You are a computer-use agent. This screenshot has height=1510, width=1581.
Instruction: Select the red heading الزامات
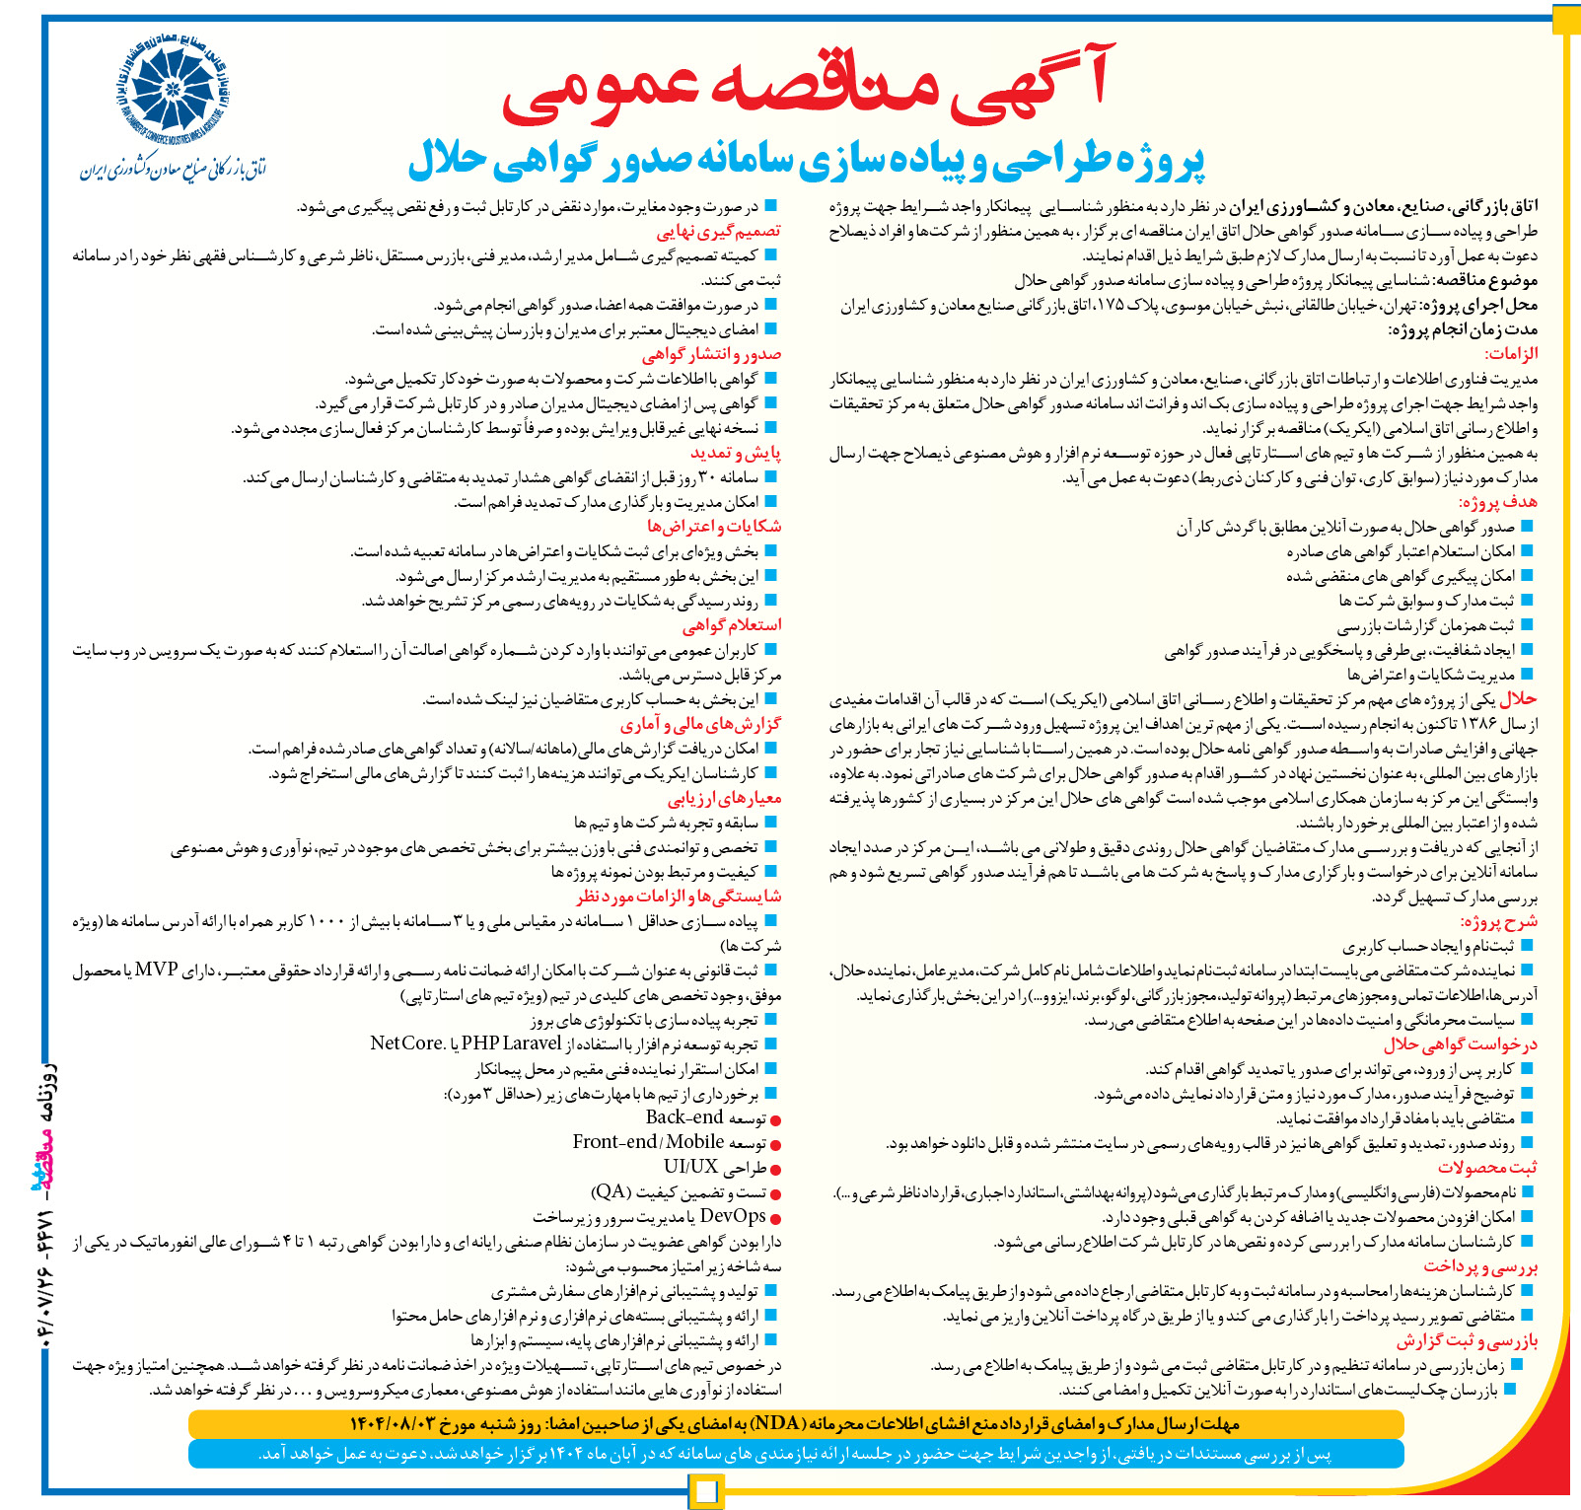click(1511, 354)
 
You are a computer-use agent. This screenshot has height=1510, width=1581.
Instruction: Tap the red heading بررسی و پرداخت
click(1481, 1265)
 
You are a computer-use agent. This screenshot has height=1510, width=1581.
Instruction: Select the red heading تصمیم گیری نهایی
click(719, 231)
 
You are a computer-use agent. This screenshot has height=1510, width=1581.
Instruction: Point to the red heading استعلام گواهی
click(732, 625)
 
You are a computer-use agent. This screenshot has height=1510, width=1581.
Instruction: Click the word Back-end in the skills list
click(684, 1117)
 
